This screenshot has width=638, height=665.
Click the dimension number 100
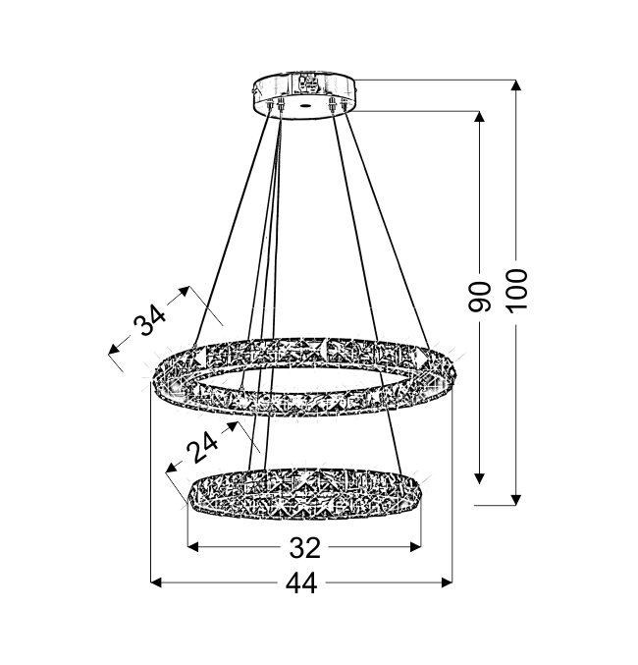click(x=518, y=291)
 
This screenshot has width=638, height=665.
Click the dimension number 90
click(x=479, y=297)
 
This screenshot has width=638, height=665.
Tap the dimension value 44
click(x=301, y=583)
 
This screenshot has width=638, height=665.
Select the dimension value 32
click(x=305, y=547)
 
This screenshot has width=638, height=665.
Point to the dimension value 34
click(x=149, y=320)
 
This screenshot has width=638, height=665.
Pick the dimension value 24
click(x=202, y=447)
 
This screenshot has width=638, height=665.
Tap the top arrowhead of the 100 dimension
click(x=515, y=84)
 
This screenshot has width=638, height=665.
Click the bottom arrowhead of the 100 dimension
click(x=516, y=500)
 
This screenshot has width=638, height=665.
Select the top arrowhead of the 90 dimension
click(x=479, y=117)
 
